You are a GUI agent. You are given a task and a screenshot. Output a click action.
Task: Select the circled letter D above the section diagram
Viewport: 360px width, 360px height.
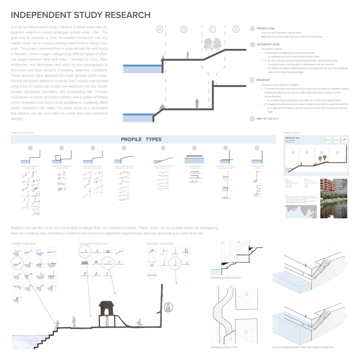click(236, 29)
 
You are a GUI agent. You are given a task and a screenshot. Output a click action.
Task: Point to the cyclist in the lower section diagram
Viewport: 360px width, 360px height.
click(197, 103)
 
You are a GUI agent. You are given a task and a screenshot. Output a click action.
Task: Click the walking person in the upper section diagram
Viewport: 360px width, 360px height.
click(187, 55)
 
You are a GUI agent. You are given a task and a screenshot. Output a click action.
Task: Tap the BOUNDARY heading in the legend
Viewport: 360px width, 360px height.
click(263, 80)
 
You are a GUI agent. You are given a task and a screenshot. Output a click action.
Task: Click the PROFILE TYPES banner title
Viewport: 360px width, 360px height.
click(141, 139)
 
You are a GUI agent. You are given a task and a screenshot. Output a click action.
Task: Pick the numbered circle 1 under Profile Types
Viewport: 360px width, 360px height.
click(31, 148)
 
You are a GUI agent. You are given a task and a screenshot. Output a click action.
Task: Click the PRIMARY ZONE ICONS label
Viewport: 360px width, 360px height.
click(24, 243)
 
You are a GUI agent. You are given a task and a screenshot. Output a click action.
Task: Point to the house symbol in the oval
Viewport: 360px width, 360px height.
click(168, 308)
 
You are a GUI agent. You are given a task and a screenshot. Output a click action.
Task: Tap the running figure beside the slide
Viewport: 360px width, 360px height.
click(139, 322)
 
